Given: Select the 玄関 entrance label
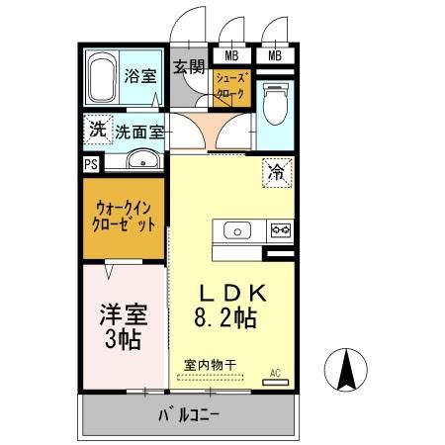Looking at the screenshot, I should (x=188, y=67).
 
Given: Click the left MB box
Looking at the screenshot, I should (x=229, y=55).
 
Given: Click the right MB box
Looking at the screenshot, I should (x=275, y=55).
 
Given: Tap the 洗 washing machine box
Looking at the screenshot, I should (x=97, y=129).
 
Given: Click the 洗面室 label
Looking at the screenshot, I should (x=138, y=131).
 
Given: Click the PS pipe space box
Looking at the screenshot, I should (x=90, y=165).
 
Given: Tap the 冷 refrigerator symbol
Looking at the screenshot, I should (x=277, y=171).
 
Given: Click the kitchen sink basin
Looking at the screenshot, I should (x=238, y=231).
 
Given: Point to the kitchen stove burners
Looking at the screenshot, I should (x=279, y=231).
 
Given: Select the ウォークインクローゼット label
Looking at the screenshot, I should (x=125, y=217).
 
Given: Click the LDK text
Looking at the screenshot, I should (x=233, y=294).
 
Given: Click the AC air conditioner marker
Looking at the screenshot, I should (x=276, y=374).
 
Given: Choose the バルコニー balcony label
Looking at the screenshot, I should (x=188, y=415).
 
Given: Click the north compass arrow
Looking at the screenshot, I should (x=347, y=372).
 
